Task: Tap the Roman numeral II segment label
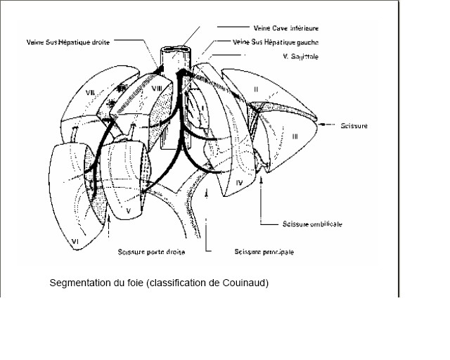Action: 256,89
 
